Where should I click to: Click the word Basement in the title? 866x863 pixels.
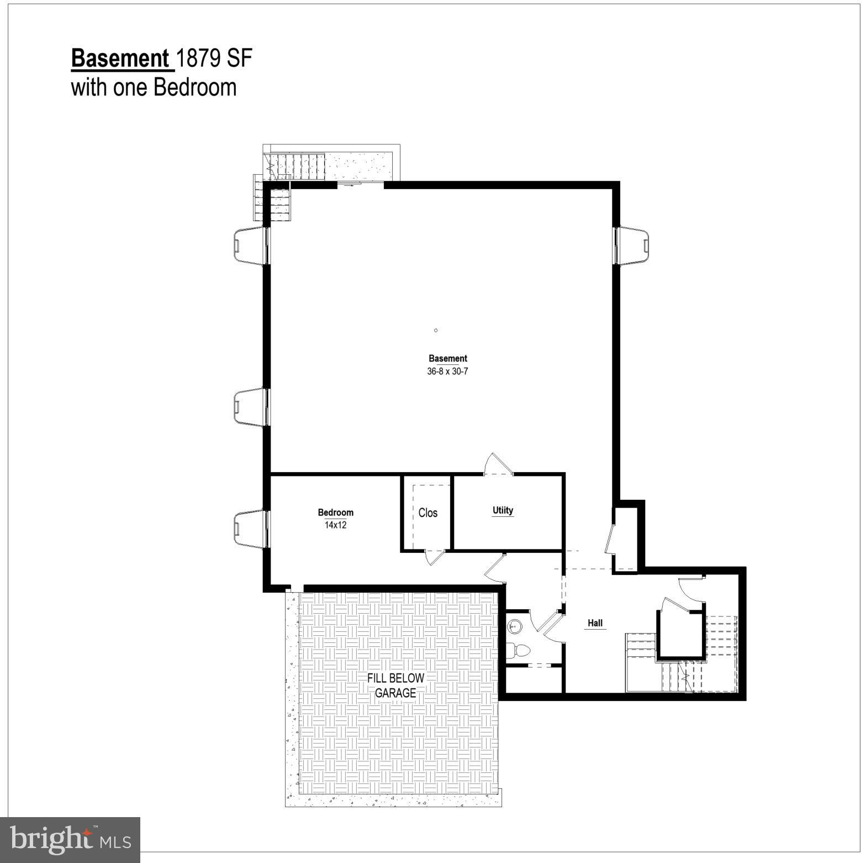pos(120,59)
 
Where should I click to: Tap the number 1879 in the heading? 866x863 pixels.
pos(199,59)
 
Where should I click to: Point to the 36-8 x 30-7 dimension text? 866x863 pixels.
pos(447,372)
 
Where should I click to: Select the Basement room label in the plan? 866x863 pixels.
pos(447,358)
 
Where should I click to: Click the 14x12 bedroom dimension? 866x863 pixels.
pos(335,525)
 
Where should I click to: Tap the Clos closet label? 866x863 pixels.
pos(427,512)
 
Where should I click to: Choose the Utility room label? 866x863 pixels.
pos(503,510)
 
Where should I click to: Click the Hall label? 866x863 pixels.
pos(595,623)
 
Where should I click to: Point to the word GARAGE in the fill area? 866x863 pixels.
pos(395,693)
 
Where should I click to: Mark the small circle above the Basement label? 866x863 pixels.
pos(436,330)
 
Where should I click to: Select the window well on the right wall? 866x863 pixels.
pos(633,245)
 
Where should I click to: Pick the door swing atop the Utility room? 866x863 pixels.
pos(498,464)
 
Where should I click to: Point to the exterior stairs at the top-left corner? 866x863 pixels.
pos(298,165)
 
